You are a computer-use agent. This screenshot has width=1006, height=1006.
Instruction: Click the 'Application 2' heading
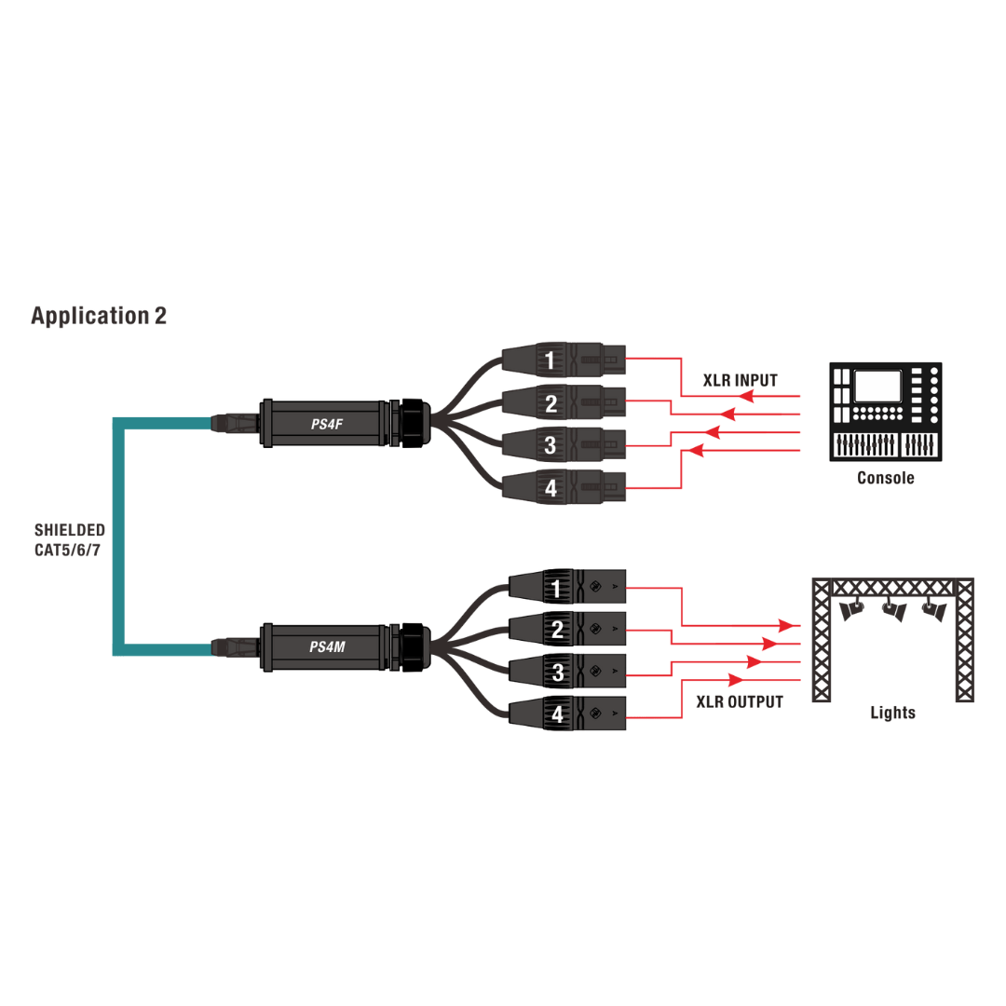click(x=99, y=316)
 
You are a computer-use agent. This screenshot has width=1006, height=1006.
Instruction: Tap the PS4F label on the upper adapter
click(x=328, y=425)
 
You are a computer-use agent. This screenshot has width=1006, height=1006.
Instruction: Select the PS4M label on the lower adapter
click(x=328, y=646)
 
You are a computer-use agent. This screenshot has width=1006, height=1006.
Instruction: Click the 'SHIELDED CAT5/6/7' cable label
click(x=70, y=540)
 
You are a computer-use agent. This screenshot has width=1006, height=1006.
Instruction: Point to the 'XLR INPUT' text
click(x=740, y=380)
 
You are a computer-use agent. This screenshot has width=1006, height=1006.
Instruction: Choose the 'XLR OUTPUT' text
click(x=740, y=701)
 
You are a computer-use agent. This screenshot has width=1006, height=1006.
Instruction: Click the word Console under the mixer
click(x=885, y=478)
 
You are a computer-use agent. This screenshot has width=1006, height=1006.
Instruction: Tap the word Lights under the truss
click(x=892, y=713)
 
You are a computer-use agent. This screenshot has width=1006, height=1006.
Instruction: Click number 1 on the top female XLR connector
click(x=550, y=360)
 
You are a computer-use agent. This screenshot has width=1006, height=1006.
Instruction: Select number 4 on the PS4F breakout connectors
click(x=550, y=487)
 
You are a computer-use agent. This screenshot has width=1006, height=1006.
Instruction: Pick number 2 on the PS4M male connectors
click(x=557, y=631)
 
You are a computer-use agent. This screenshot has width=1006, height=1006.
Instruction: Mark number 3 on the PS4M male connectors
click(x=557, y=673)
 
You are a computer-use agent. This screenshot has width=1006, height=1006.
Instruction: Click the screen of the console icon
click(x=878, y=386)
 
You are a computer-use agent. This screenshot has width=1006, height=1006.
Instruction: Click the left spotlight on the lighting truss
click(x=851, y=610)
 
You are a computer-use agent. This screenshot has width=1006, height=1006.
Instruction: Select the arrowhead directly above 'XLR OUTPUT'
click(x=737, y=680)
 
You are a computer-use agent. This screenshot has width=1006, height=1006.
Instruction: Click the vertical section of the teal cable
click(x=118, y=536)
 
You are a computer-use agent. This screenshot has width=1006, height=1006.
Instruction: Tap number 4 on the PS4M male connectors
click(x=557, y=715)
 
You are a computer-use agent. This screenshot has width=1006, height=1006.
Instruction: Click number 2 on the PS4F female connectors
click(x=550, y=403)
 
